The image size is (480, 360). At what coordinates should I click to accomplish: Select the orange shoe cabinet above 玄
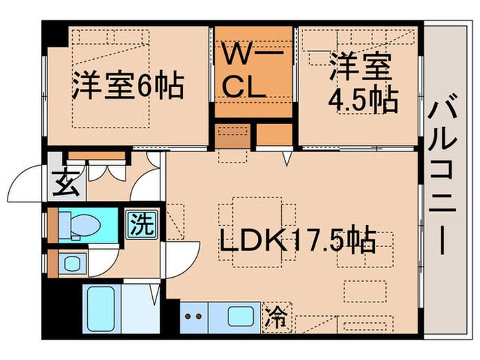106,155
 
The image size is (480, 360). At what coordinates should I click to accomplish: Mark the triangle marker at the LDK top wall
289,159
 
